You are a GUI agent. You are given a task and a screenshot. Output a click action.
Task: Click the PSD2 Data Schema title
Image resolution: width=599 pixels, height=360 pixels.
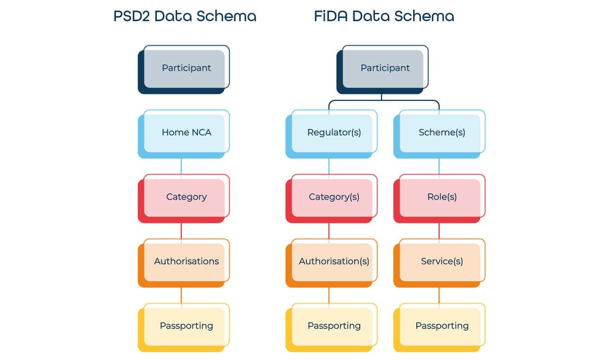(x=184, y=17)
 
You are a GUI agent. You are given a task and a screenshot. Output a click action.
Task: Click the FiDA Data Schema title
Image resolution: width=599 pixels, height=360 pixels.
(x=384, y=17)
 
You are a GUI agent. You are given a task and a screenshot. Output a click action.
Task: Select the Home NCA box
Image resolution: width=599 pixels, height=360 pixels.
(x=186, y=133)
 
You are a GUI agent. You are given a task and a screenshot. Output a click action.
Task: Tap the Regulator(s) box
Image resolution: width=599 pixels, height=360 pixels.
(x=334, y=133)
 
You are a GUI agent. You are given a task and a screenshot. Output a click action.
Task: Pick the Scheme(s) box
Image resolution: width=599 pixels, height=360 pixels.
(x=442, y=133)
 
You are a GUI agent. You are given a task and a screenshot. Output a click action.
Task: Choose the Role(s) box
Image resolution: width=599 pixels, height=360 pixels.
(x=442, y=197)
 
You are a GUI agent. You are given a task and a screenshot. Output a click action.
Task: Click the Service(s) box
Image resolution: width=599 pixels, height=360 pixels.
(x=442, y=261)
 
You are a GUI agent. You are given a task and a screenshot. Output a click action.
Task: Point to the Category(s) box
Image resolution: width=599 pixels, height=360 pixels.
(x=334, y=197)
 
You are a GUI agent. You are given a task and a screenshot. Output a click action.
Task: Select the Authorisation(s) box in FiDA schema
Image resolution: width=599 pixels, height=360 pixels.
(x=334, y=261)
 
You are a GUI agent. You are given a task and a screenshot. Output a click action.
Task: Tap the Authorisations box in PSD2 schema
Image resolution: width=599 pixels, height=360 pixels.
(x=186, y=261)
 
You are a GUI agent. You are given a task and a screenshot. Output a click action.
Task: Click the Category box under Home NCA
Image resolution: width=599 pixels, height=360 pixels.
(x=186, y=197)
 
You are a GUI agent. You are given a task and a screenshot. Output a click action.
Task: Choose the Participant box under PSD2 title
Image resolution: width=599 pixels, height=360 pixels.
(x=186, y=68)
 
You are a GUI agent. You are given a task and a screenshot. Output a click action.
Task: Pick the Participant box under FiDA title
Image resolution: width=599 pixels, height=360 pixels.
(x=385, y=68)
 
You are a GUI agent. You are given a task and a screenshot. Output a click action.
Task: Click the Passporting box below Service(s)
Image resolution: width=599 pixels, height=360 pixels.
(x=442, y=326)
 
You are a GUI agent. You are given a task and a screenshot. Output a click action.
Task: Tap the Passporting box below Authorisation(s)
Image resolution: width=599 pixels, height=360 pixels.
(x=334, y=326)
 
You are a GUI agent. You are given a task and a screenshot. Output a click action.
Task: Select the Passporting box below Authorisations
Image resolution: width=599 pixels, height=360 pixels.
(x=186, y=326)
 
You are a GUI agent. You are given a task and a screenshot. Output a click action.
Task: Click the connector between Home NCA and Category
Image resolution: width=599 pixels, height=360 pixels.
(x=181, y=166)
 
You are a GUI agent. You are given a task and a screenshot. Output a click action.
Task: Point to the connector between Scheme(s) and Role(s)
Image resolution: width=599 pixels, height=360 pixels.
(x=439, y=166)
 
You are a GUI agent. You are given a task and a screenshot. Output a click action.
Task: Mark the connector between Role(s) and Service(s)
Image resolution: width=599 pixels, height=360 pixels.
(x=439, y=231)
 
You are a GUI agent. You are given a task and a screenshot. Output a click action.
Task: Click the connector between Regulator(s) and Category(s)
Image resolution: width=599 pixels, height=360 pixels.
(x=329, y=166)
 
